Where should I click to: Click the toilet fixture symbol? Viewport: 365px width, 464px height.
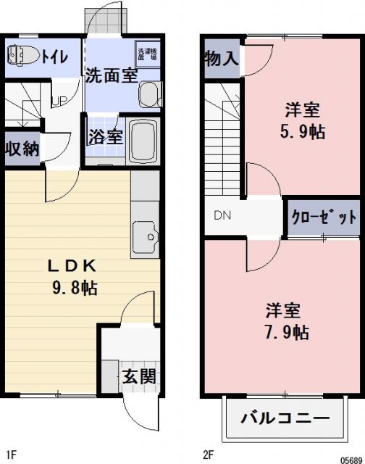tap(22, 56)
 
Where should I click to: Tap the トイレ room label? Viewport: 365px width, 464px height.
tap(55, 56)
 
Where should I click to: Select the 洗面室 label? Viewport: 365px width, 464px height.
tap(111, 75)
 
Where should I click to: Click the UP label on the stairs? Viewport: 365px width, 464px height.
tap(59, 100)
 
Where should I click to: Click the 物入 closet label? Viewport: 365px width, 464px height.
tap(221, 59)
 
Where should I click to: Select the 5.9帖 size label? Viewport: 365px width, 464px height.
tap(303, 133)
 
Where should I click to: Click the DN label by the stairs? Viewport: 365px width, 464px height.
tap(222, 215)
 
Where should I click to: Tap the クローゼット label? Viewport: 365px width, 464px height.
tap(324, 217)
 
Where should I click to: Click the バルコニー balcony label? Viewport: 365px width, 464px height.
tap(285, 418)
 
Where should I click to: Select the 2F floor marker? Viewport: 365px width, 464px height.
tap(209, 455)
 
